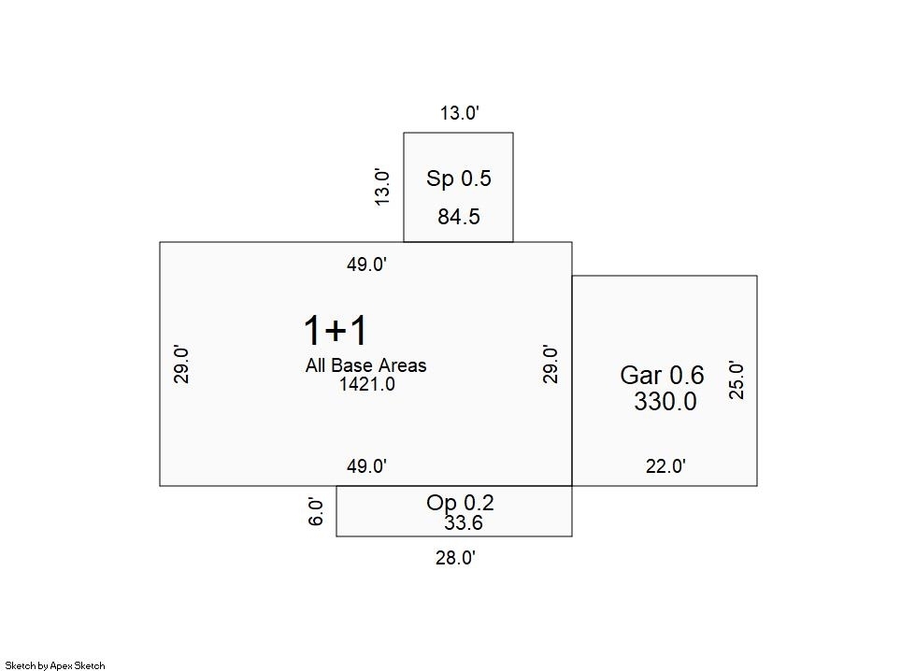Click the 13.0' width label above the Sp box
pos(459,112)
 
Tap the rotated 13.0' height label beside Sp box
pos(381,187)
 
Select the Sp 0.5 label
pos(459,178)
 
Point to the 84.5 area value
pos(459,217)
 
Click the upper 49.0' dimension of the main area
pos(367,264)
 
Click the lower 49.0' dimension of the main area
pos(367,466)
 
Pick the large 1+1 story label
pos(336,330)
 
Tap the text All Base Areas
pos(365,365)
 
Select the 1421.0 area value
pos(367,384)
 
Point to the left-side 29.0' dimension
pos(181,364)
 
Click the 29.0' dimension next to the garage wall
pos(550,364)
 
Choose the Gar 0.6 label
pos(662,375)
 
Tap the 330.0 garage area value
pos(665,402)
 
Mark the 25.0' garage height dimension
pos(736,380)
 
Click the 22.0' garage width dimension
pos(665,466)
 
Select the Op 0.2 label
pos(460,503)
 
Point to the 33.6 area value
pos(464,522)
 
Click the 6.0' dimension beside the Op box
pos(315,512)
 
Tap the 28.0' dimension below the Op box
pos(456,558)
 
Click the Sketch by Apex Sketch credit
pos(55,665)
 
